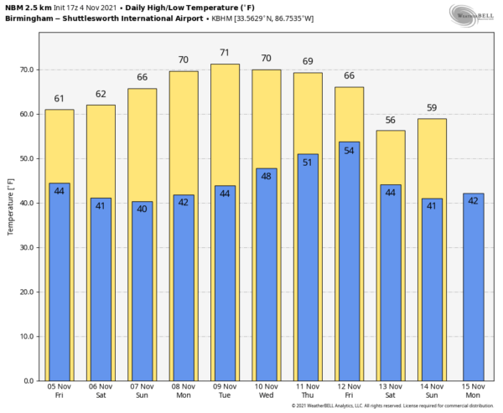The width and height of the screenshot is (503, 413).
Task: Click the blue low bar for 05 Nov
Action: [x=60, y=285]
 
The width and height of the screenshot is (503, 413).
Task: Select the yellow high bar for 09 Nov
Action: [x=225, y=126]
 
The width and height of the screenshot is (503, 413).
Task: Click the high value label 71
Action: [x=225, y=54]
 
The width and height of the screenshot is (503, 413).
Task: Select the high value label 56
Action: [x=390, y=120]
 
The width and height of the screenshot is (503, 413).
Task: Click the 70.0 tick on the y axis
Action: [x=28, y=70]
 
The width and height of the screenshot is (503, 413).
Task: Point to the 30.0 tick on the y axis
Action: [x=28, y=247]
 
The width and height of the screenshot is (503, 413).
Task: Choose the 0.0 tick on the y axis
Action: [x=29, y=381]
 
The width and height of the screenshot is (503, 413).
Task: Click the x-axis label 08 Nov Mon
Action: [x=184, y=392]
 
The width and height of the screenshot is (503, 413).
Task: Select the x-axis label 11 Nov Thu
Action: [x=308, y=392]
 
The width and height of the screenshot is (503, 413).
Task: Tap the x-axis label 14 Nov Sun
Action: [x=432, y=392]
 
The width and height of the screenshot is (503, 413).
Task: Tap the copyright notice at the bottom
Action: [x=394, y=407]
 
